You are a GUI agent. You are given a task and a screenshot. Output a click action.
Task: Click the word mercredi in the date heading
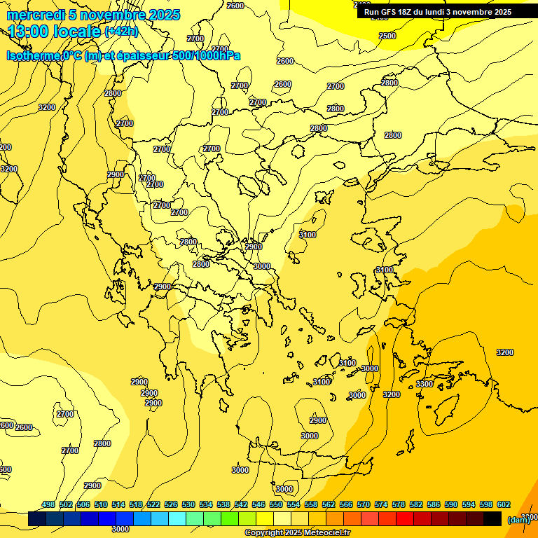[34, 15]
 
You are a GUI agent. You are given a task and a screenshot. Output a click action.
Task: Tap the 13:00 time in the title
[29, 32]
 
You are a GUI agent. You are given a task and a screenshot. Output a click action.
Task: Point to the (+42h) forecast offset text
[121, 32]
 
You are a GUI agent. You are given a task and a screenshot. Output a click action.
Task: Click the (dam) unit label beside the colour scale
[518, 520]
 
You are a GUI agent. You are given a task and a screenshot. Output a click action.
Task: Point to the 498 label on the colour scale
[48, 504]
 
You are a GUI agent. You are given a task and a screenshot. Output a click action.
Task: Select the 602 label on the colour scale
[504, 504]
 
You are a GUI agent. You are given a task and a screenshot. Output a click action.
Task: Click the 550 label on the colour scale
[276, 504]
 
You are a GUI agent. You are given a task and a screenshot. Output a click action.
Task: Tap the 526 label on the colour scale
[171, 504]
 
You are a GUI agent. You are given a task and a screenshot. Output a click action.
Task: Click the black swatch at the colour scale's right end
[492, 519]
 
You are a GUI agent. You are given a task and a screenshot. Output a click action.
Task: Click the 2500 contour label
[387, 36]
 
